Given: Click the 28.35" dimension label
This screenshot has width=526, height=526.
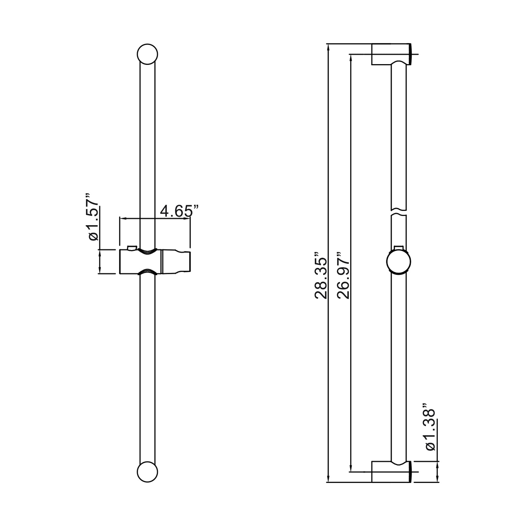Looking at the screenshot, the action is (x=321, y=275).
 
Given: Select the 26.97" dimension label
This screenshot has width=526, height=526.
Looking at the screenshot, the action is (x=344, y=275).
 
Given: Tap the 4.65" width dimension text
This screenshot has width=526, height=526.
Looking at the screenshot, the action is (x=179, y=211).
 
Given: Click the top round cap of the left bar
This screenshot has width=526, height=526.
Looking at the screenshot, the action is (x=147, y=54).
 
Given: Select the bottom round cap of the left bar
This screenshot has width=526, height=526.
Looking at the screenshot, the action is (x=147, y=472).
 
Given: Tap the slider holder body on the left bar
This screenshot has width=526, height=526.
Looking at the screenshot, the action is (x=155, y=262).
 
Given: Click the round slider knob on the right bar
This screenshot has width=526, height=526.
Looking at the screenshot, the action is (x=398, y=262).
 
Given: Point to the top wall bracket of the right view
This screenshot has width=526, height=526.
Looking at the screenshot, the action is (x=391, y=54).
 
